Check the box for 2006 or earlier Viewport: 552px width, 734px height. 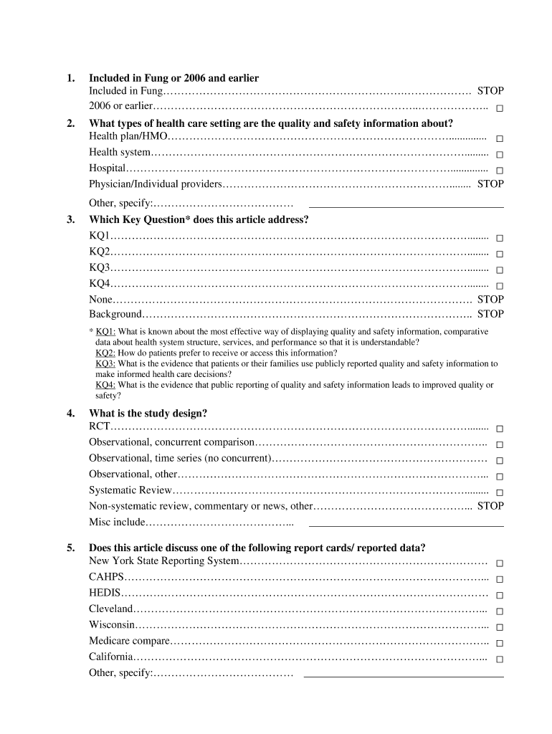500,108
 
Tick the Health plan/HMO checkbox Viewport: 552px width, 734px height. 500,138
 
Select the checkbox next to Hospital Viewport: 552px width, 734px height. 500,171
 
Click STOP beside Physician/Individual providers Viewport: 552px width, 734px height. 490,184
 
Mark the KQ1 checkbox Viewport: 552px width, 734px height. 500,238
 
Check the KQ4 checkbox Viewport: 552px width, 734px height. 500,286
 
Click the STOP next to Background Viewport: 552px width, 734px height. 490,314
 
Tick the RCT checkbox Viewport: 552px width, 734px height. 500,429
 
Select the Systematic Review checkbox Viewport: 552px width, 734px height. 500,492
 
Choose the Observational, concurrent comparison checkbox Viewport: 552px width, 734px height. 500,444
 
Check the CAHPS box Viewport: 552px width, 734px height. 500,579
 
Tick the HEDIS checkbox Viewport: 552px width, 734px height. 500,595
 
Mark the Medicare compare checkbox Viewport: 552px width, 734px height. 500,643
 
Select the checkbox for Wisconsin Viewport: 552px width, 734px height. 500,627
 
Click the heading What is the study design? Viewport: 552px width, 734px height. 148,414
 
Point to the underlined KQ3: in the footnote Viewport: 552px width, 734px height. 105,364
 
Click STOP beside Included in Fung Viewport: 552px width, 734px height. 490,91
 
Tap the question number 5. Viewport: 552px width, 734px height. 70,548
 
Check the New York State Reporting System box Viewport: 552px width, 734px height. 500,563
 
